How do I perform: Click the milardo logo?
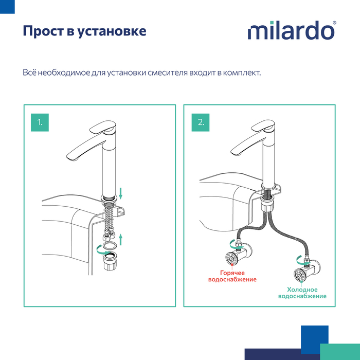pos(292,30)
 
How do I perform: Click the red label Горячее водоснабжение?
pos(232,276)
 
